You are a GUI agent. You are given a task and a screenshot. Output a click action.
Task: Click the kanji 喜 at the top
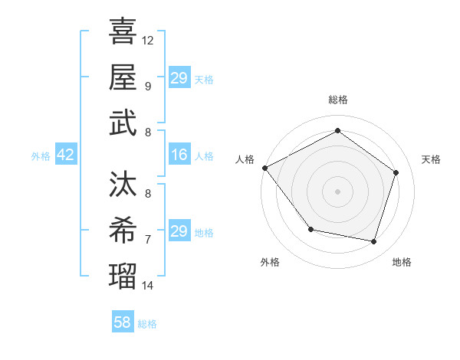pos(123,31)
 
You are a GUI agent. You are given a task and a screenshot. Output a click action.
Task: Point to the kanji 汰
pos(123,185)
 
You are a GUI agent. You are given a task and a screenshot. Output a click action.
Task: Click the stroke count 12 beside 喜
pos(148,40)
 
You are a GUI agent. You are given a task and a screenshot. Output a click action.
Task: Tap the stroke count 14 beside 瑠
pos(148,286)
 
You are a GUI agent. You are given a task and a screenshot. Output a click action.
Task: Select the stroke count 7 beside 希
pos(148,240)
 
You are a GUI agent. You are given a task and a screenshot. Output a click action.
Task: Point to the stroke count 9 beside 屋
pos(148,87)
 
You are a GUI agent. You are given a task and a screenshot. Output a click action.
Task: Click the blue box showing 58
pos(123,322)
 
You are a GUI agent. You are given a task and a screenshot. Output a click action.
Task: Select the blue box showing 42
pos(65,155)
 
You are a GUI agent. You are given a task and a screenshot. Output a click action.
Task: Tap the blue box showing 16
pos(179,155)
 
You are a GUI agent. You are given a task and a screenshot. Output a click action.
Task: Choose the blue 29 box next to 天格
pos(179,78)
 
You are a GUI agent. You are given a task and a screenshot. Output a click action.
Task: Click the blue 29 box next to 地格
pos(179,231)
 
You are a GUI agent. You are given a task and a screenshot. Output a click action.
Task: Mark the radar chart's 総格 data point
pos(337,131)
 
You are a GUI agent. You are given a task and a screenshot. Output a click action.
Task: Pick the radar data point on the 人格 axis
pos(264,168)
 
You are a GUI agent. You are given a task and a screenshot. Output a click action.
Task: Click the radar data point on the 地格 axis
pos(373,241)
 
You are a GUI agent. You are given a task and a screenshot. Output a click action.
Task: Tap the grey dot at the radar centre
pos(337,191)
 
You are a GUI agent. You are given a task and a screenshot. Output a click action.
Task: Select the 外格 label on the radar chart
pos(270,262)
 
